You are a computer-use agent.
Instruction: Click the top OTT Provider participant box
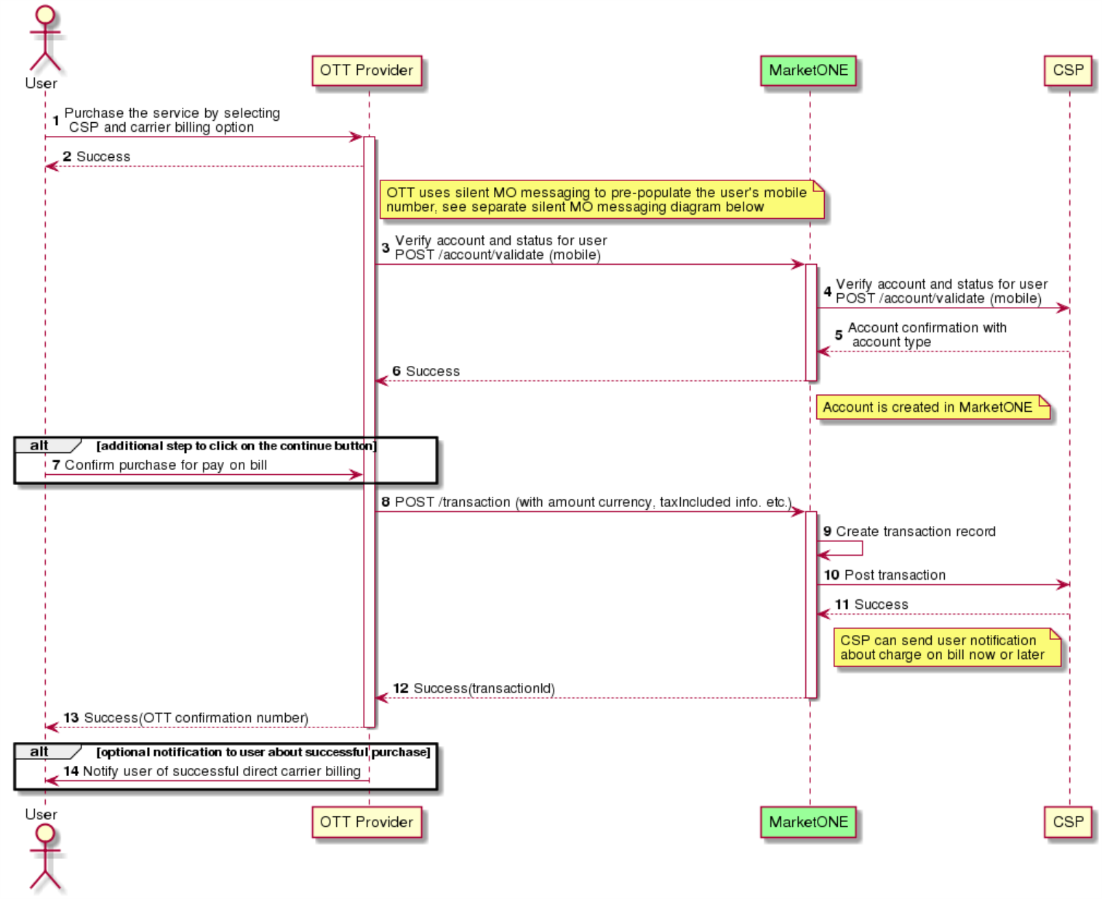[367, 71]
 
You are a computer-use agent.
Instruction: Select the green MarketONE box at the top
[808, 71]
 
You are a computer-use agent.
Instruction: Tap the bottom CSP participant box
[1068, 822]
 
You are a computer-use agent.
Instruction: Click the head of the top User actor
[45, 14]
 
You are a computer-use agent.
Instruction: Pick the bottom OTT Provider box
[367, 822]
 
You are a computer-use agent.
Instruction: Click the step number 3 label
[385, 247]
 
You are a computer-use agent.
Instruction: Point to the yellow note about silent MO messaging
[602, 199]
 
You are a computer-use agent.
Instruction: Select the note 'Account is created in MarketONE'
[933, 407]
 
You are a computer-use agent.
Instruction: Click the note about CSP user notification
[947, 647]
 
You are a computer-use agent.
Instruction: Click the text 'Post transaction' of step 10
[895, 575]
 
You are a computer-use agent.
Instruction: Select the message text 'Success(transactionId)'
[484, 688]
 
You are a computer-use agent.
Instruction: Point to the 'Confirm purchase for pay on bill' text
[166, 465]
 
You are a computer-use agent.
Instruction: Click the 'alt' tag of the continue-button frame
[39, 445]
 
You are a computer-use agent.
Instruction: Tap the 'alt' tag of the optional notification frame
[39, 751]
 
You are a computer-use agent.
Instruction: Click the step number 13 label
[71, 718]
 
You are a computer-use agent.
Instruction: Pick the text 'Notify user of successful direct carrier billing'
[222, 771]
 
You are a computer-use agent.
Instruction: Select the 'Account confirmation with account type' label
[927, 335]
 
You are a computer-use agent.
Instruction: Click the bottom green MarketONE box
[808, 822]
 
